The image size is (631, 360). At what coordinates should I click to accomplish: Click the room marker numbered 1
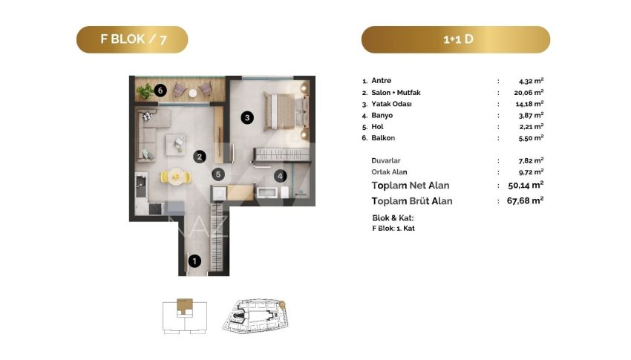point(194,261)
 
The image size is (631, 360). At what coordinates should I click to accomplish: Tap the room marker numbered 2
point(199,157)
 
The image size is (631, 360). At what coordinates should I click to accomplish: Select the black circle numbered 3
point(247,117)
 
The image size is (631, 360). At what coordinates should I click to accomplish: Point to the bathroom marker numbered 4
point(280,176)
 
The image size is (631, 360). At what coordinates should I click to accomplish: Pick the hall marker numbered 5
point(218,174)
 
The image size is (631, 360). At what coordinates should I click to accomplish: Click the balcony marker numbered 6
point(160,90)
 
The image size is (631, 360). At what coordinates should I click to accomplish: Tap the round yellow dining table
point(176,177)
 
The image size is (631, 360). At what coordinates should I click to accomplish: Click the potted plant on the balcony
point(145,91)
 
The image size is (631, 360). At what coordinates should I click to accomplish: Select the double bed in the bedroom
point(286,112)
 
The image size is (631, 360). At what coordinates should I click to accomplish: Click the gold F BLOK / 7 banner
point(132,39)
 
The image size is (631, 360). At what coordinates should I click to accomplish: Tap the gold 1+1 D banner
point(456,39)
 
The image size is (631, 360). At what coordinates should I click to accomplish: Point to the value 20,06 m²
point(529,93)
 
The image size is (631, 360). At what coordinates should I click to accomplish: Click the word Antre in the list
point(381,80)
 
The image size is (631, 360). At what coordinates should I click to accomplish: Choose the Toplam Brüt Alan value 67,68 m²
point(525,200)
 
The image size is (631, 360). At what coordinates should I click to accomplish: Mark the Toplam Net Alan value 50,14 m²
point(526,185)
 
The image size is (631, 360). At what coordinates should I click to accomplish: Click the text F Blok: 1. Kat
point(393,228)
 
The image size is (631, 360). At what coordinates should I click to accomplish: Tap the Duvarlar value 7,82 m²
point(532,160)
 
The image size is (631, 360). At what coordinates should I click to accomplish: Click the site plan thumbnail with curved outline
point(255,315)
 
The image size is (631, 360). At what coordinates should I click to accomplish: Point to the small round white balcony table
point(193,94)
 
